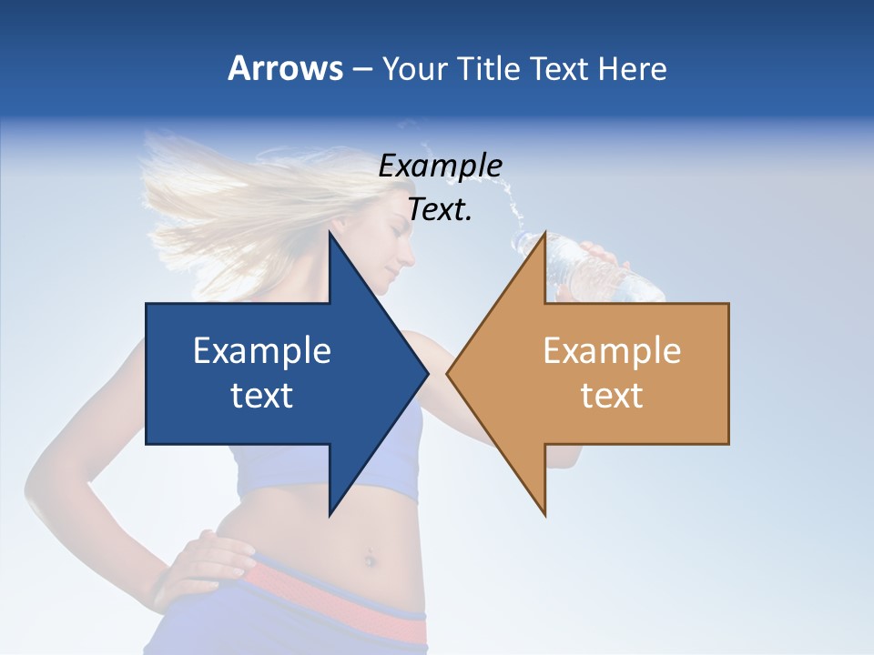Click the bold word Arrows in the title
286,68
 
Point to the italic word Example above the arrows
440,166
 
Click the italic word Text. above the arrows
440,209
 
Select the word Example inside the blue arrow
262,351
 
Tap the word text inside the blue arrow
262,396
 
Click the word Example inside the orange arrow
612,351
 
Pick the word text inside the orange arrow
612,396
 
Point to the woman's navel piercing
371,556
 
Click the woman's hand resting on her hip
205,564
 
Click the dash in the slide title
361,69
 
